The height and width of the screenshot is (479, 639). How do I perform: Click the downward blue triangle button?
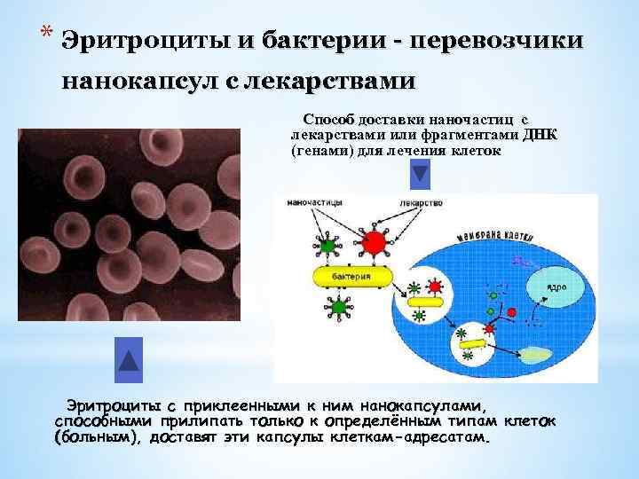[420, 174]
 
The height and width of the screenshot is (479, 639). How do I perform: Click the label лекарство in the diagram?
[422, 202]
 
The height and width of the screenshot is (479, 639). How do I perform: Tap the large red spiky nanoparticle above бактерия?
[375, 240]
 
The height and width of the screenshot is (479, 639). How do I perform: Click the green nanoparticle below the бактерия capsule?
[338, 308]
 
